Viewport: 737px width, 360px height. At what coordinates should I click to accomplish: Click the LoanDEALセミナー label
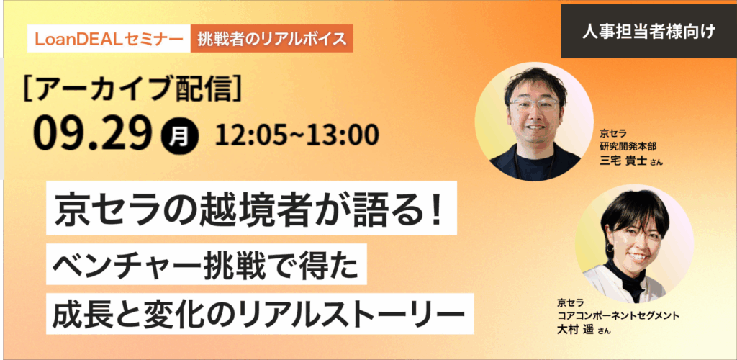[109, 39]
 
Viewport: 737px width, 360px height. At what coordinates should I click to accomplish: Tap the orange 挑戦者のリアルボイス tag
[271, 39]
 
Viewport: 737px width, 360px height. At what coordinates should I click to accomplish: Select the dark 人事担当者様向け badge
[648, 32]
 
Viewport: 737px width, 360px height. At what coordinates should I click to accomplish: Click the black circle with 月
[179, 136]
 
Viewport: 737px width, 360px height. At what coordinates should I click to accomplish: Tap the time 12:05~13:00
[297, 135]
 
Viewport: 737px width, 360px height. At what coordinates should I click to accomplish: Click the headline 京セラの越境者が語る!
[251, 208]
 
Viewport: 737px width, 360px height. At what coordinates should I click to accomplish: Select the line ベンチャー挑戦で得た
[206, 264]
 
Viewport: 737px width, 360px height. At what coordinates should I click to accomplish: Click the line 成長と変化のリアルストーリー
[260, 313]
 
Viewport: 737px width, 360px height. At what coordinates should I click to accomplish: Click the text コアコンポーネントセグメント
[618, 315]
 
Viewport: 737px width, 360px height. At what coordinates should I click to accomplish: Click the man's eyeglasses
[535, 104]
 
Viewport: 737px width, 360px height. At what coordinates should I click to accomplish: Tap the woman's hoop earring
[609, 247]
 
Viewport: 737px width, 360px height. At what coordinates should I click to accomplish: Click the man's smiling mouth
[535, 126]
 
